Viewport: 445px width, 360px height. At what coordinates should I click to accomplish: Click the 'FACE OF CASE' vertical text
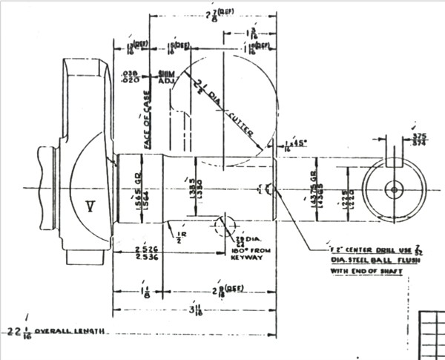148,120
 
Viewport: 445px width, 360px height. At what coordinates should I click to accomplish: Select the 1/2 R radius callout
178,237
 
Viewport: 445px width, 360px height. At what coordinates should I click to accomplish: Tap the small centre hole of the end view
394,190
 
